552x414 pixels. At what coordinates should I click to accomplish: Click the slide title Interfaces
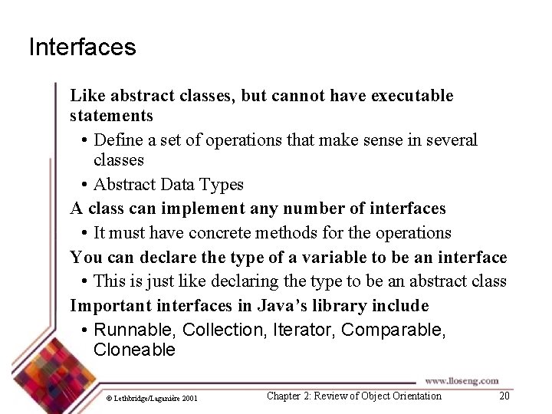pos(82,48)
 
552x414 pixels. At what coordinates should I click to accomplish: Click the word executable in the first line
pos(412,96)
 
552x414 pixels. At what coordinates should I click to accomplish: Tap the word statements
pos(111,116)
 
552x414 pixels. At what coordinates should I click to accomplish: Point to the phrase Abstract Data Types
pos(168,184)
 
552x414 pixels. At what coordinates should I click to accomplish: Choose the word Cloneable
pos(134,350)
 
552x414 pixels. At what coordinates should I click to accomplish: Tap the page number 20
pos(504,396)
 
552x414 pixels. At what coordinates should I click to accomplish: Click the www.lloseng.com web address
pos(462,380)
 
